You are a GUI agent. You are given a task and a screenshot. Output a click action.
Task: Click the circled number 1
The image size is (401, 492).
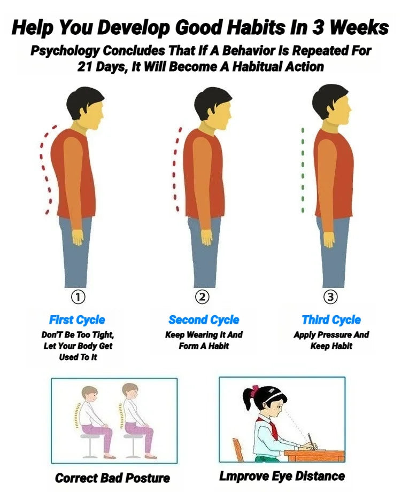tap(78, 297)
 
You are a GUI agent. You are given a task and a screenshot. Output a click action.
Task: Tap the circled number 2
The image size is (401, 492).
tap(202, 297)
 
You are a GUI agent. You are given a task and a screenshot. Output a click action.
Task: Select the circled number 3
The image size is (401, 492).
tap(330, 297)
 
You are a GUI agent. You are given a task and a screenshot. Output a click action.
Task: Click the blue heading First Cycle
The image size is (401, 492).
tap(77, 320)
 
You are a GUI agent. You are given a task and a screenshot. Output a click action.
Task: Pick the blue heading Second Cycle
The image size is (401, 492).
tap(204, 320)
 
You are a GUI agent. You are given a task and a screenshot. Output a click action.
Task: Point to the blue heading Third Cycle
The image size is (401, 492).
tap(331, 320)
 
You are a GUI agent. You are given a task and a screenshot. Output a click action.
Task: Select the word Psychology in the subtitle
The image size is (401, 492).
tap(65, 51)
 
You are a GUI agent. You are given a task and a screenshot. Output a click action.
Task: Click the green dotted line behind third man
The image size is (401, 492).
tap(303, 170)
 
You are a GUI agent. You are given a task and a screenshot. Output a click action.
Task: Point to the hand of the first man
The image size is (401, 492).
tap(78, 237)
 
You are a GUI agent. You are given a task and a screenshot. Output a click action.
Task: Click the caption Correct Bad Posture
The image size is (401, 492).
tap(112, 478)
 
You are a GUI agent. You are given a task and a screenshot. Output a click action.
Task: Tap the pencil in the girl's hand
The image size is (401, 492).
tap(311, 440)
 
